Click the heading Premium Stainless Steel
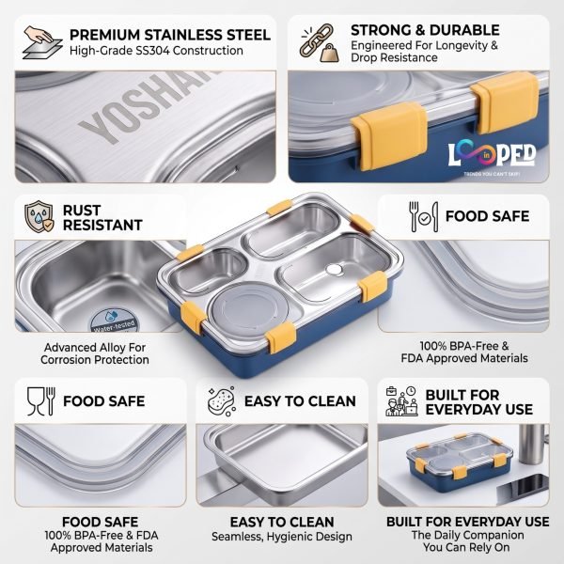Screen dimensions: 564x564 (x=170, y=35)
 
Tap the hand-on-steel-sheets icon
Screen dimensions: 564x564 (x=42, y=42)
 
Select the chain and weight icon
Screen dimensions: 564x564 (x=320, y=43)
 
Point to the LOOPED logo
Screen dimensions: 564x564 (x=492, y=154)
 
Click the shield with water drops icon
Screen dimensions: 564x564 (x=39, y=216)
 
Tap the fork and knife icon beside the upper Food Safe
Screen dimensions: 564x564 (x=424, y=216)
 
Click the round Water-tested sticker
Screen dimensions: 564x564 (x=114, y=321)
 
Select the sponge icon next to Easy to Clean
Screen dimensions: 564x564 (x=222, y=401)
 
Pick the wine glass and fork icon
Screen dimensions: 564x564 (x=41, y=401)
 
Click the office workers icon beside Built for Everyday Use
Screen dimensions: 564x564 (x=401, y=401)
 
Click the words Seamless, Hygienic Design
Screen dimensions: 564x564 (x=282, y=537)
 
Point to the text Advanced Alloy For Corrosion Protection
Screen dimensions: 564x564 (x=95, y=353)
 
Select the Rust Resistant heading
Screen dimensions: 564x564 (x=102, y=218)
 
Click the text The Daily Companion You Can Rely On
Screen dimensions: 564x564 (x=467, y=541)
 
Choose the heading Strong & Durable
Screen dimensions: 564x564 (x=425, y=30)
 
